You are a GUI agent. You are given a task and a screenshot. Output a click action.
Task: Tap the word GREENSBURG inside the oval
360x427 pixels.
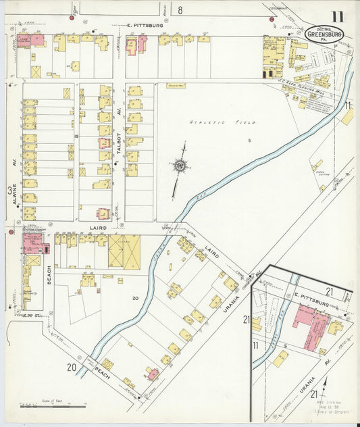[x=324, y=34]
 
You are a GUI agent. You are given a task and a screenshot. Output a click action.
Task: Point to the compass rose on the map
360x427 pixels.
[x=180, y=164]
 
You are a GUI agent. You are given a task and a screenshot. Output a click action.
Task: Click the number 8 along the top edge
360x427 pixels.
[x=180, y=10]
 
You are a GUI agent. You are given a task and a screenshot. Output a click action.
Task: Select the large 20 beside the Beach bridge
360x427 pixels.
[x=71, y=368]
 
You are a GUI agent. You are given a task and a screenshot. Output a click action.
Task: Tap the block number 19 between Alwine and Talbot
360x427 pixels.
[x=77, y=136]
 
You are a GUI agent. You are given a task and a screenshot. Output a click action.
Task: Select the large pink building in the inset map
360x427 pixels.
[x=310, y=326]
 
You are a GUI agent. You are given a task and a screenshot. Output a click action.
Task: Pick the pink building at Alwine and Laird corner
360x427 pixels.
[x=32, y=242]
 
